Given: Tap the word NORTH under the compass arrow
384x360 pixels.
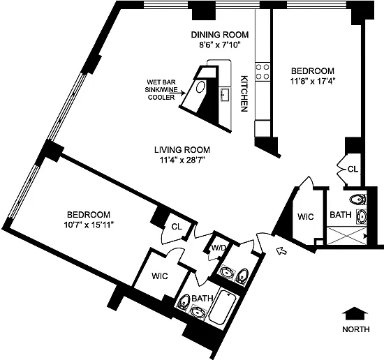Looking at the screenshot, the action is (356, 329).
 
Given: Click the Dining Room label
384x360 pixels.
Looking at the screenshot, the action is (220, 34).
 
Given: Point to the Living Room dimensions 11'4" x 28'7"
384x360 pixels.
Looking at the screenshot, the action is (182, 160).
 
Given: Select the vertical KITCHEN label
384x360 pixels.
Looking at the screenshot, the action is (244, 93).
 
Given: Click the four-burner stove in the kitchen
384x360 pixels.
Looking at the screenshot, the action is (263, 71).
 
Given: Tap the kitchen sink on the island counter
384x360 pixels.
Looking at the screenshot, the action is (225, 94).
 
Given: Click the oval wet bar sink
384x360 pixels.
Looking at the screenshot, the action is (200, 87).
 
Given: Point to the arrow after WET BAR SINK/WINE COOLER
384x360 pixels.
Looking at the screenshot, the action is (177, 93).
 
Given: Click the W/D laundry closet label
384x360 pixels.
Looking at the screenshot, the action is (219, 248).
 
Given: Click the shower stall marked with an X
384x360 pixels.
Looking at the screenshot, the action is (347, 236).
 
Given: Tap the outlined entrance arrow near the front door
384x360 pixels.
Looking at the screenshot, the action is (281, 250).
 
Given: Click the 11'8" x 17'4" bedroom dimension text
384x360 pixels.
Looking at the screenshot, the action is (313, 81).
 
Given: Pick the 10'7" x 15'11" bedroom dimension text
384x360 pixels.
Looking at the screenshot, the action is (89, 225).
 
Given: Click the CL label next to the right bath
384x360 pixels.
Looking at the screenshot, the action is (353, 169).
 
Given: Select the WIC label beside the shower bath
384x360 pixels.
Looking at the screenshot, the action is (306, 216).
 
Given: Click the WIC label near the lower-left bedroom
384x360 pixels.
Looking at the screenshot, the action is (160, 276).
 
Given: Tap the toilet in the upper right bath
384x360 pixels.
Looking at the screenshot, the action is (357, 200).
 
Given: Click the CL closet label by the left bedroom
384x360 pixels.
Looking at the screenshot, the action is (177, 227).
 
